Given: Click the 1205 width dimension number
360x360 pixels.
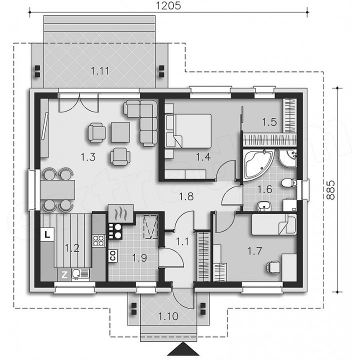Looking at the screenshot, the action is click(x=168, y=5).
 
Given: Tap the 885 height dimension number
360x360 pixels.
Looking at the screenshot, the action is click(x=330, y=190).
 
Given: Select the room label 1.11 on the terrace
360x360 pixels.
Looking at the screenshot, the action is click(x=99, y=71).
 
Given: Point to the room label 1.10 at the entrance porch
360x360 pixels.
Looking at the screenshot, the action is click(x=168, y=316).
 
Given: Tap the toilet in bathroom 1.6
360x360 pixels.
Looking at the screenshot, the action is click(x=289, y=183).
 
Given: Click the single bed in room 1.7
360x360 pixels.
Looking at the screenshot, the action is click(x=274, y=224).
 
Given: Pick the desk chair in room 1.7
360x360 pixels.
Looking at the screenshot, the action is click(x=273, y=267).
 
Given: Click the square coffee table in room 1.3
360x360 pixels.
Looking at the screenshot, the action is click(x=120, y=132).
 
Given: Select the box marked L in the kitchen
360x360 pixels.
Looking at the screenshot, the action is click(x=47, y=234).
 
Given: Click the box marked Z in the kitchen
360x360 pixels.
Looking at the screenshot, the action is click(x=64, y=274).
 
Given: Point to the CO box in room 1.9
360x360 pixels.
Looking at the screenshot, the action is click(x=113, y=255).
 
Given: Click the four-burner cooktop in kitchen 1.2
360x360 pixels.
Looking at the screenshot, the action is click(x=98, y=240).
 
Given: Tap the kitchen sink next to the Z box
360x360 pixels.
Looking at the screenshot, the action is click(x=80, y=274).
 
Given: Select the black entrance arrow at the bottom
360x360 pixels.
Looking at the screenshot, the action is click(x=182, y=349).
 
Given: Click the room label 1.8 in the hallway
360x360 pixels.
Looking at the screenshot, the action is click(x=186, y=196).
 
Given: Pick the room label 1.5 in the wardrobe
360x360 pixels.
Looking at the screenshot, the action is click(x=269, y=122).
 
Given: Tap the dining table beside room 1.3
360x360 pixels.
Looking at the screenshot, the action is click(x=57, y=189).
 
